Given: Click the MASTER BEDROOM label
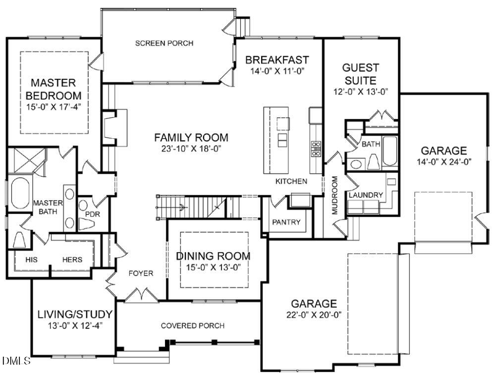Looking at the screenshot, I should pyautogui.click(x=54, y=89).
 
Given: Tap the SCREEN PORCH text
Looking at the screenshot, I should pyautogui.click(x=164, y=43).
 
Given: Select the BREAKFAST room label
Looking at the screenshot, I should pyautogui.click(x=277, y=60).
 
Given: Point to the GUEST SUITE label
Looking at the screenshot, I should pyautogui.click(x=361, y=74).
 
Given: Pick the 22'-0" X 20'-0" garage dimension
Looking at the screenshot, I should pyautogui.click(x=314, y=315).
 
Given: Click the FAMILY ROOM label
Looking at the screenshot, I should pyautogui.click(x=191, y=137).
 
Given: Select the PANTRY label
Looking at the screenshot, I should pyautogui.click(x=286, y=222).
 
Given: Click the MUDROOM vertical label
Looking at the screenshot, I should pyautogui.click(x=334, y=195).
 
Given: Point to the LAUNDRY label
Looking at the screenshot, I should pyautogui.click(x=366, y=195).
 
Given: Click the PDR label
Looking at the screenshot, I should pyautogui.click(x=93, y=214).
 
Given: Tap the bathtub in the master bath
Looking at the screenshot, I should pyautogui.click(x=20, y=193).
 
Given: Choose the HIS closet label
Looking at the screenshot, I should pyautogui.click(x=22, y=259).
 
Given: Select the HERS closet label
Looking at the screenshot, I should pyautogui.click(x=72, y=259).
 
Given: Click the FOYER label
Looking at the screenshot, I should pyautogui.click(x=141, y=273).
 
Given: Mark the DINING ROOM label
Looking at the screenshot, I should pyautogui.click(x=214, y=256).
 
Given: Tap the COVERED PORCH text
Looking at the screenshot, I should pyautogui.click(x=192, y=325).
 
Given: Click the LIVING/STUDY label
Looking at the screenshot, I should pyautogui.click(x=75, y=314).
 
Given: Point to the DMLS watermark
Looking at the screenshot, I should pyautogui.click(x=16, y=360).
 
